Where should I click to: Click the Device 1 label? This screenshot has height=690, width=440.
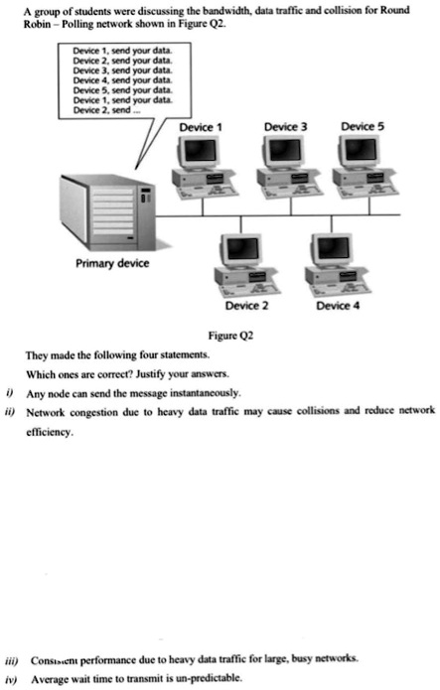pyautogui.click(x=199, y=128)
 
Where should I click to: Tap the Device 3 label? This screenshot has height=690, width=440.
pyautogui.click(x=285, y=128)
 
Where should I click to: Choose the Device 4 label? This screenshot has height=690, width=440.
pyautogui.click(x=336, y=306)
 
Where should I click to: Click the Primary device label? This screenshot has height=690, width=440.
pyautogui.click(x=112, y=264)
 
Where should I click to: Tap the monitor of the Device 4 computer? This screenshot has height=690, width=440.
pyautogui.click(x=331, y=248)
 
